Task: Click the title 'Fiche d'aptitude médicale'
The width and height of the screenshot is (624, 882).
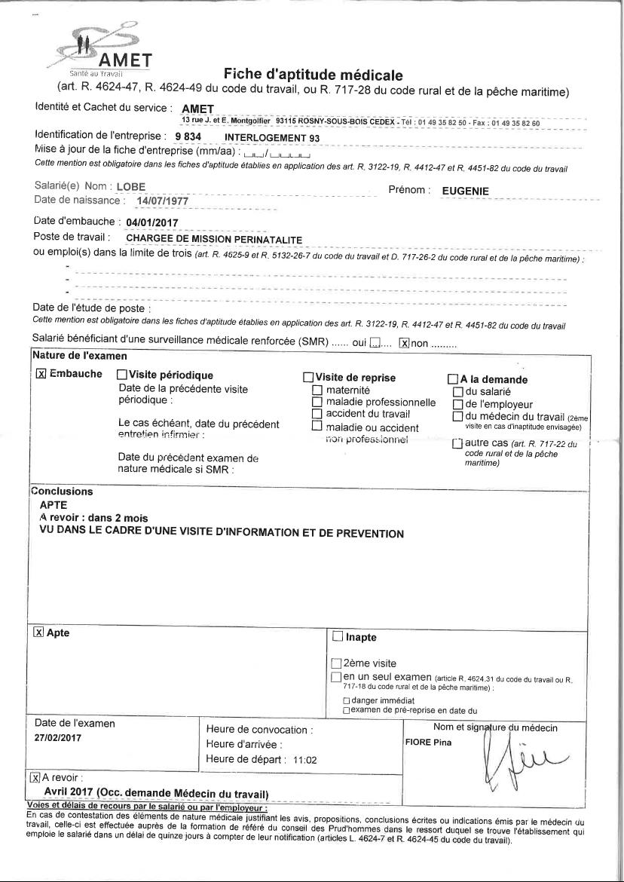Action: tap(313, 75)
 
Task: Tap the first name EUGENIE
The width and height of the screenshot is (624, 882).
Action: tap(465, 191)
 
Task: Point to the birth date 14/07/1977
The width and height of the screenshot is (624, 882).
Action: tap(163, 202)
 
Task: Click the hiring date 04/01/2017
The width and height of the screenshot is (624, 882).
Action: tap(153, 222)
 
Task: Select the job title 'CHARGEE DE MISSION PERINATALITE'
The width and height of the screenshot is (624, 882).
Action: tap(213, 239)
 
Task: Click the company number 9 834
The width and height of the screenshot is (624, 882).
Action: tap(188, 137)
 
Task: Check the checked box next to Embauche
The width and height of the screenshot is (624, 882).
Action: tap(41, 374)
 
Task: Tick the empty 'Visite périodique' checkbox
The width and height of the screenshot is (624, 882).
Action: tap(122, 375)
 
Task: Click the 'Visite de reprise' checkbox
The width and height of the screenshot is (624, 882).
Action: tap(307, 377)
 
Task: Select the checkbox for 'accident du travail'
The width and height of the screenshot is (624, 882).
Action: tap(317, 414)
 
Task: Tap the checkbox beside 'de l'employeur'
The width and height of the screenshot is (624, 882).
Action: tap(457, 404)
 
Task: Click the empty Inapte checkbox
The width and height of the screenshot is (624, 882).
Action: tap(337, 637)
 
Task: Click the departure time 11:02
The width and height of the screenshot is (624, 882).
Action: tap(304, 760)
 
